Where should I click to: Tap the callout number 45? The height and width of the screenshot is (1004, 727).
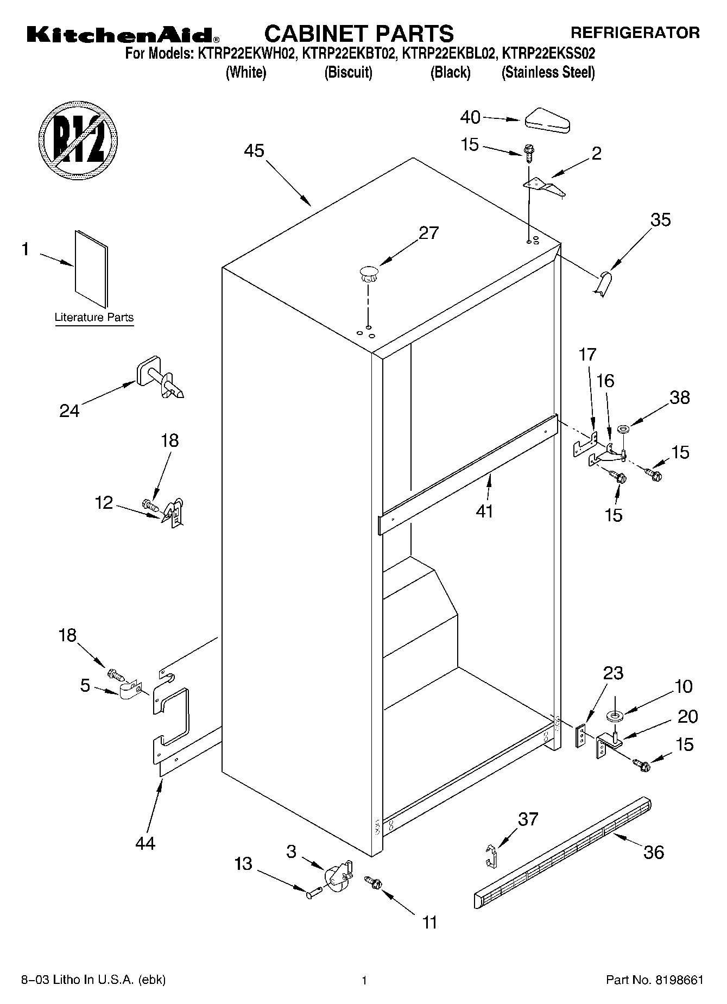click(254, 150)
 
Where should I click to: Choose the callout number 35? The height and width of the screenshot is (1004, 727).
click(660, 219)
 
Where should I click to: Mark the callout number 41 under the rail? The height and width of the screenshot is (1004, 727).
click(484, 511)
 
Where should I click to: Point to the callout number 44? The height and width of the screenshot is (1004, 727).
click(145, 843)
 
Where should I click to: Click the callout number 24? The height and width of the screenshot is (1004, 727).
click(69, 411)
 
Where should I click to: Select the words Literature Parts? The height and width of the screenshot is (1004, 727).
click(94, 318)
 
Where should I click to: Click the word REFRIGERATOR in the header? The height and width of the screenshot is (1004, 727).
click(635, 33)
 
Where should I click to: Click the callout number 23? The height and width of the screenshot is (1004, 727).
click(612, 673)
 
